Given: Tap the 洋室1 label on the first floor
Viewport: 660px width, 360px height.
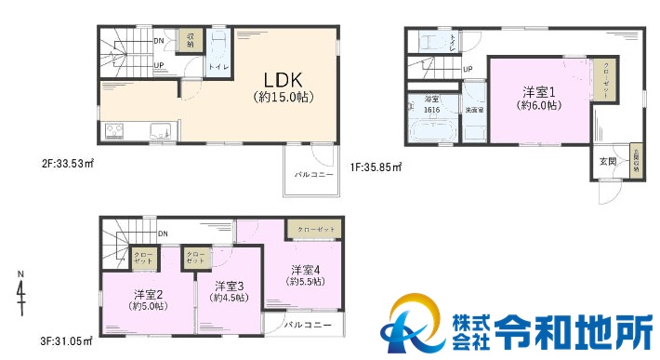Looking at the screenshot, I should (538, 92).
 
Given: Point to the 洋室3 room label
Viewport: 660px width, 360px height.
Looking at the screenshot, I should (230, 286).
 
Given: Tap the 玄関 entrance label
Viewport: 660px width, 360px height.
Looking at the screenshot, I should (607, 161).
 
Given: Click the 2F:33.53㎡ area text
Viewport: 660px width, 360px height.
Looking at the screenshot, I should (67, 164).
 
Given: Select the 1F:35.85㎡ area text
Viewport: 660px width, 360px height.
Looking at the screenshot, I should (376, 168).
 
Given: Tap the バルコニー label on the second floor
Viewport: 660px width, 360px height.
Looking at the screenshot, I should (313, 174).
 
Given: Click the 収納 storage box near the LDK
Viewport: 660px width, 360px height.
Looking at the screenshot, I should (190, 39).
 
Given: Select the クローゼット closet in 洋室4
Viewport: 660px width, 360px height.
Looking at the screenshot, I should (312, 228).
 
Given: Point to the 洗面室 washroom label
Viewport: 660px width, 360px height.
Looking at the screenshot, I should (474, 110).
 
